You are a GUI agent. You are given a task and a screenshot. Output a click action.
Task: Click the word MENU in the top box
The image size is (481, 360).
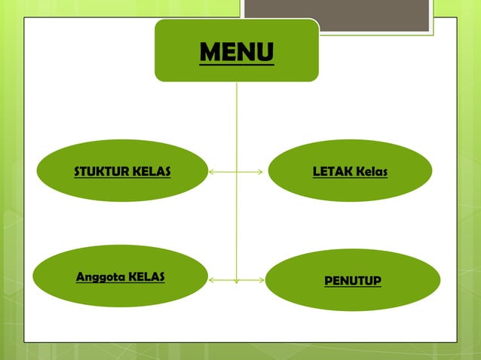(x=237, y=53)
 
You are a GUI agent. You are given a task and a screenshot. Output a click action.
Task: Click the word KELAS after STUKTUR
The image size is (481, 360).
(x=152, y=172)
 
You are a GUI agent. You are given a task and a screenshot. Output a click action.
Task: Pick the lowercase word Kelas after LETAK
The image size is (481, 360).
(x=372, y=172)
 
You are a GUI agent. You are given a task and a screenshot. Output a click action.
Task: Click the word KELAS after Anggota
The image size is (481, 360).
(x=147, y=276)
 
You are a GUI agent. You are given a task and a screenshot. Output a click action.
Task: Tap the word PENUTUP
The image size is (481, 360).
(x=353, y=281)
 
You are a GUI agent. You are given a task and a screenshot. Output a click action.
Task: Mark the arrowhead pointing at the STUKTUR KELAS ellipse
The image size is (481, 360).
(x=212, y=172)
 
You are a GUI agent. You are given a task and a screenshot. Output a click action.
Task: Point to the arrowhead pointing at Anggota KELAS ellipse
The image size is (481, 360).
(x=212, y=280)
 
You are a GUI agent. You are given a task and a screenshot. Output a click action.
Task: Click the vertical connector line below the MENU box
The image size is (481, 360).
(x=237, y=128)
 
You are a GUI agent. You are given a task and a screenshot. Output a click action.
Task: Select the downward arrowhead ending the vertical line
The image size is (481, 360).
(x=237, y=281)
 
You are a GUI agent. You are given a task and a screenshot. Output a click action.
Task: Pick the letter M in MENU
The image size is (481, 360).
(x=211, y=53)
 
